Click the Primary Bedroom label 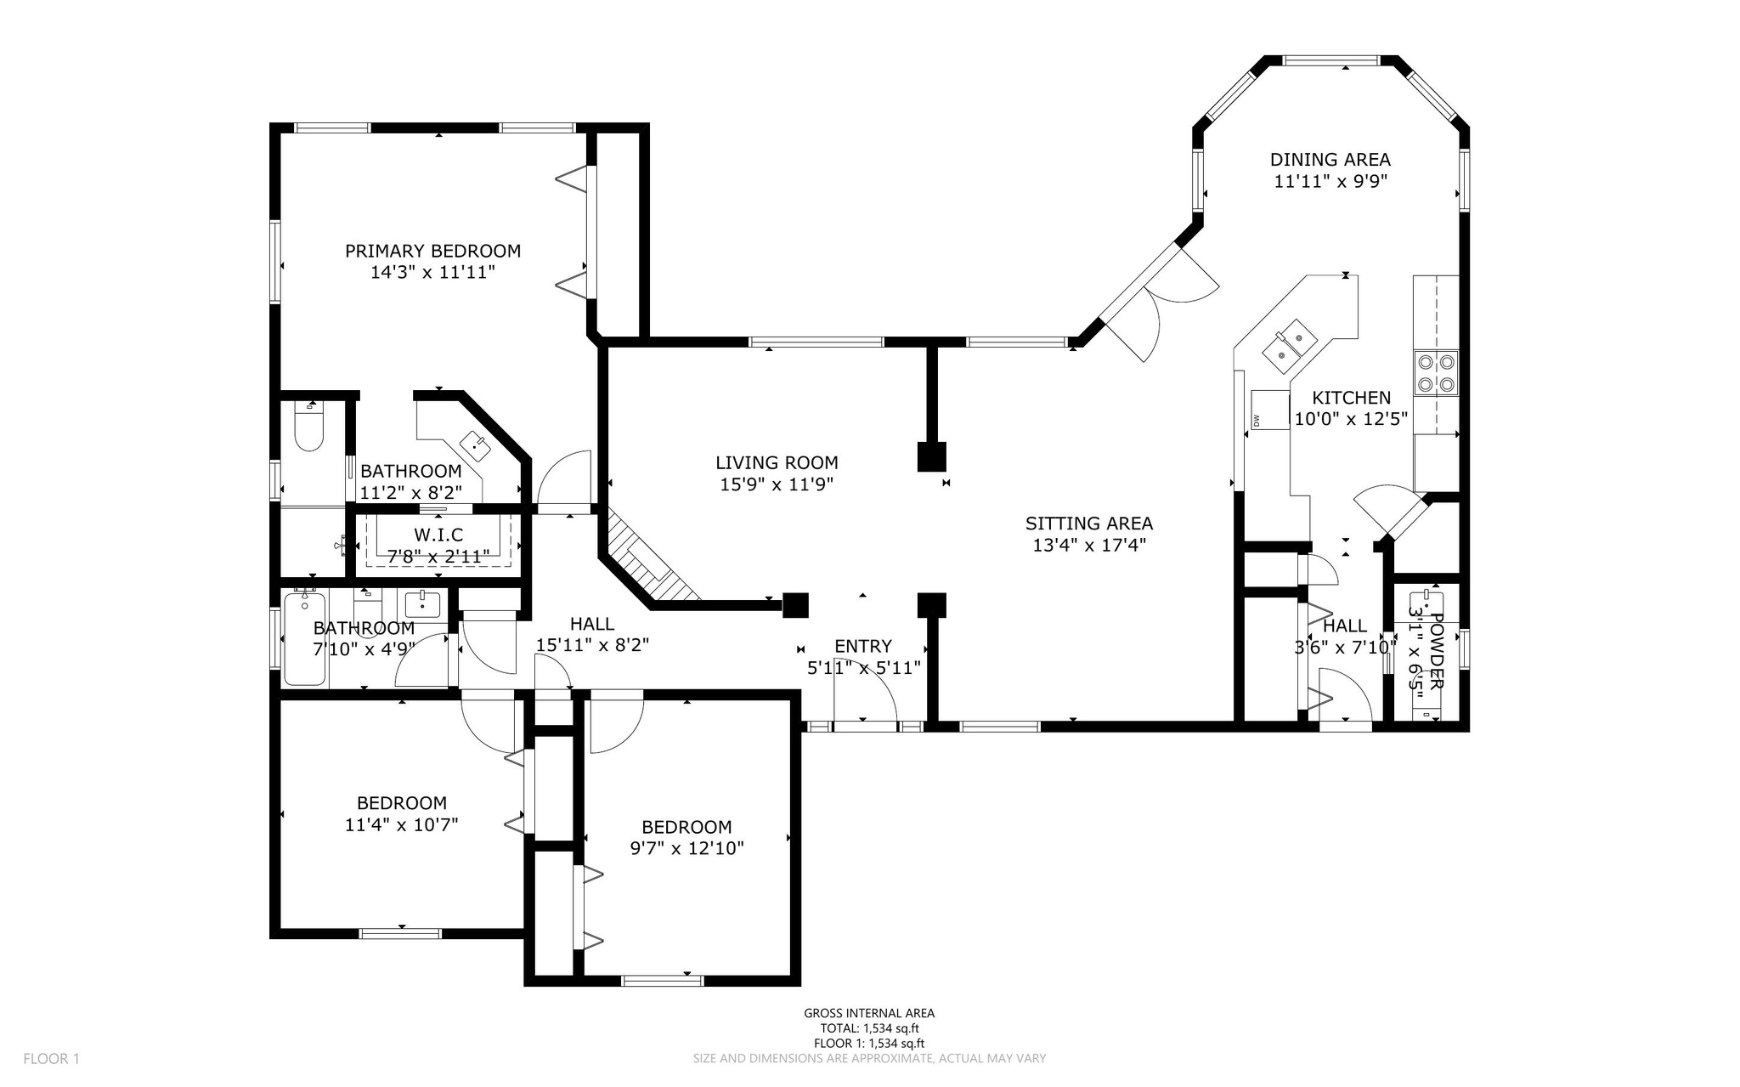point(432,251)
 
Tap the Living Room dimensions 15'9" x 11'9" point(777,484)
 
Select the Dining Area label point(1330,159)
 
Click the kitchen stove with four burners point(1435,373)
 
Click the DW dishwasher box point(1269,410)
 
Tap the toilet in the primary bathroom point(308,428)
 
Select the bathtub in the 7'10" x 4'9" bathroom point(305,638)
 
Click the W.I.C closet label point(438,535)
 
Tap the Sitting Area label point(1088,524)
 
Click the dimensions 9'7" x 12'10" point(686,848)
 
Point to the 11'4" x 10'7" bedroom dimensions point(401,824)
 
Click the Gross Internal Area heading point(868,1012)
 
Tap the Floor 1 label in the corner point(51,1058)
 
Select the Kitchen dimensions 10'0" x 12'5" point(1351,418)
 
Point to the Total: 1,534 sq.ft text point(868,1028)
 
